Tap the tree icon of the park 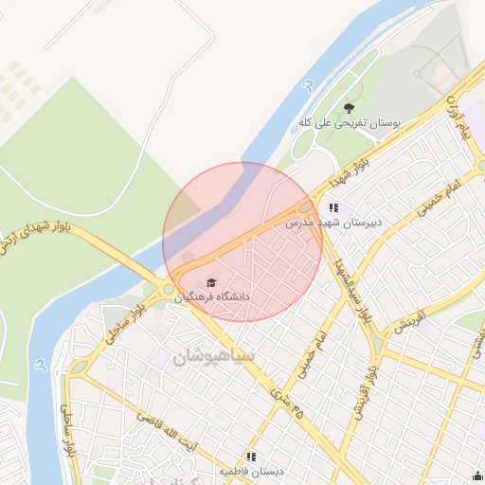pyautogui.click(x=349, y=108)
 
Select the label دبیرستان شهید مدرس pyautogui.click(x=333, y=224)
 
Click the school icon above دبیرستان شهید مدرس pyautogui.click(x=332, y=207)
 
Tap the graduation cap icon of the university pyautogui.click(x=210, y=282)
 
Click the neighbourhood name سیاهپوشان pyautogui.click(x=214, y=357)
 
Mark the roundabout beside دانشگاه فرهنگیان pyautogui.click(x=169, y=289)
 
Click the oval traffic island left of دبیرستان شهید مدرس pyautogui.click(x=305, y=207)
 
